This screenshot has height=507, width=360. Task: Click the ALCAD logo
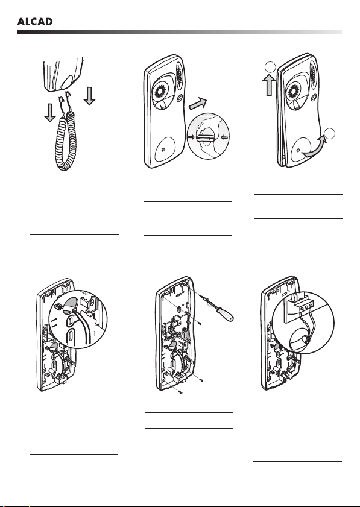pos(35,22)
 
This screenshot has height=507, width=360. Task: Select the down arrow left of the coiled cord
pos(50,113)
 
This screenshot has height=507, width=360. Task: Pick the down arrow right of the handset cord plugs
pos(89,95)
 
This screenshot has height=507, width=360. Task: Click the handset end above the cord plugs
pos(64,74)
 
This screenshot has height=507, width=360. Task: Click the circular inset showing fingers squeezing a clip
pos(209,136)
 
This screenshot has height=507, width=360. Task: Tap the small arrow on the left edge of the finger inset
pos(191,137)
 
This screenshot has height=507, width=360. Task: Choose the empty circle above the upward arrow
pos(270,68)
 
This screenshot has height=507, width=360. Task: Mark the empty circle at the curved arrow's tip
pos(329,134)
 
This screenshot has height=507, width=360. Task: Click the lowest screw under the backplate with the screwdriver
pos(181,392)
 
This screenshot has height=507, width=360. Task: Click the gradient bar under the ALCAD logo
pos(180,32)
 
